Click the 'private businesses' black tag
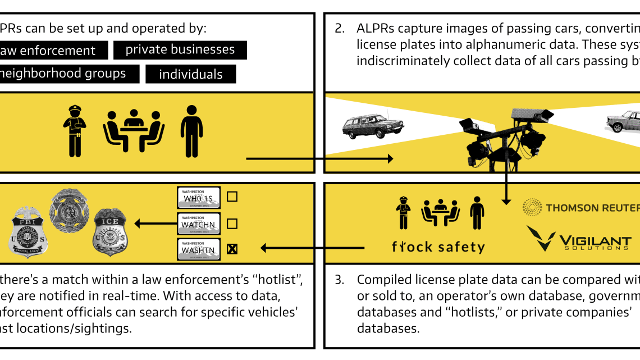180,50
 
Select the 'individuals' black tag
190,74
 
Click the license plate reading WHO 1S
199,197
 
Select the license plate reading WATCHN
199,224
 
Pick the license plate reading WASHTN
199,249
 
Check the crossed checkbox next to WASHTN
232,249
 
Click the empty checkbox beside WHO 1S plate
232,197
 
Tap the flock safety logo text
438,247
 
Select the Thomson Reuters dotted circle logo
532,207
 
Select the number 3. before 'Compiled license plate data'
340,279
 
